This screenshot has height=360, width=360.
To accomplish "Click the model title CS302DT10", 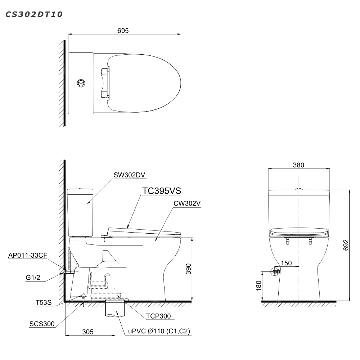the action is pyautogui.click(x=34, y=14).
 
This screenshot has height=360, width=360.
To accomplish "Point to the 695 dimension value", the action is pyautogui.click(x=123, y=31).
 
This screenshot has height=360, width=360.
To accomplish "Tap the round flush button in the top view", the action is pyautogui.click(x=81, y=83).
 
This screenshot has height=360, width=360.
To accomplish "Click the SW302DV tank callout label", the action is pyautogui.click(x=129, y=175).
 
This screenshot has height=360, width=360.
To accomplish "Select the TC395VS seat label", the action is pyautogui.click(x=162, y=191).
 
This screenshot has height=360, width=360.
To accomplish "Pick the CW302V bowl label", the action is pyautogui.click(x=187, y=203).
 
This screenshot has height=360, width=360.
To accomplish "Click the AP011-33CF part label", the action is pyautogui.click(x=28, y=255).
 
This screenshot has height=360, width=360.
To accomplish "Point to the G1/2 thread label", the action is pyautogui.click(x=33, y=278).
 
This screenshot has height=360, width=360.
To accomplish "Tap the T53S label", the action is pyautogui.click(x=44, y=302).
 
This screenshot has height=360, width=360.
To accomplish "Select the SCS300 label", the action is pyautogui.click(x=42, y=324).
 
